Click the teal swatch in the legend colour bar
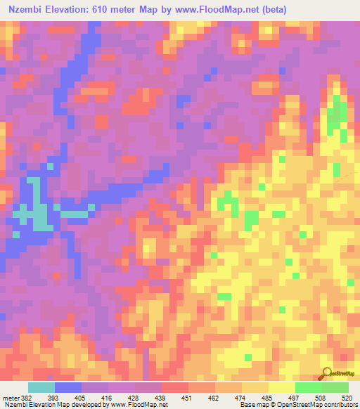[x=41, y=388]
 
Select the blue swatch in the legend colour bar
[x=68, y=388]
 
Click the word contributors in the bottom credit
[x=339, y=404]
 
